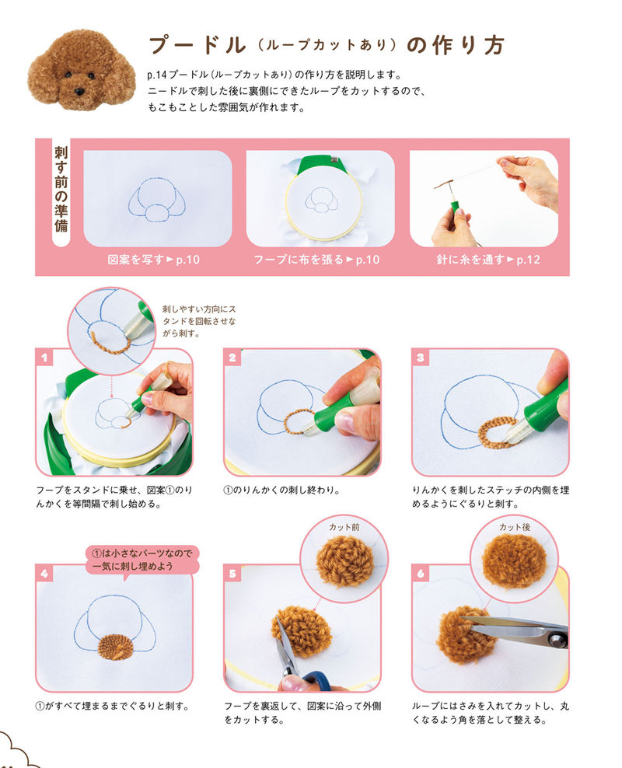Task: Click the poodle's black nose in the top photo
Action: tap(79, 91)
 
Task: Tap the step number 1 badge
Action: tap(44, 358)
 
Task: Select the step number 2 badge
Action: tap(232, 358)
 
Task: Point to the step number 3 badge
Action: tap(420, 358)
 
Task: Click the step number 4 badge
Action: tap(44, 573)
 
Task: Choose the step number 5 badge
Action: tap(232, 573)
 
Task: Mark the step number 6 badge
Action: tap(420, 573)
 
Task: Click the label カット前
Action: tap(344, 527)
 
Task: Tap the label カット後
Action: tap(514, 527)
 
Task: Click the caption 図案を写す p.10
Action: tap(153, 260)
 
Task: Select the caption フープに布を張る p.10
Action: tap(316, 260)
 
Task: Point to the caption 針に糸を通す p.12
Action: tap(487, 260)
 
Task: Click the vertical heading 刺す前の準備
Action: tap(61, 189)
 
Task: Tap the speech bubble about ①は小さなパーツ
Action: tap(142, 560)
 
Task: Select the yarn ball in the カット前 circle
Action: tap(344, 560)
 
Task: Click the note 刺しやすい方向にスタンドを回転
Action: tap(199, 321)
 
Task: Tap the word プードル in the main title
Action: tap(197, 45)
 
